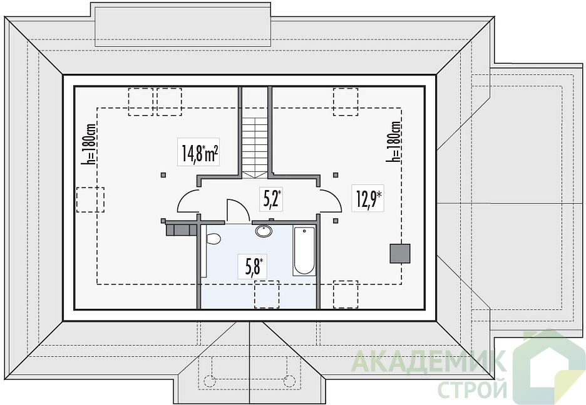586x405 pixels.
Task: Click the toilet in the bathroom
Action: click(x=213, y=238)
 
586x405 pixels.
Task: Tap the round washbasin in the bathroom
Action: click(x=264, y=231)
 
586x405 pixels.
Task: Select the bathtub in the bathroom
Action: click(x=304, y=251)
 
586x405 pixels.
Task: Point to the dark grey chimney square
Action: click(x=400, y=254)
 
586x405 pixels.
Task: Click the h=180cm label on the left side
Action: click(x=91, y=144)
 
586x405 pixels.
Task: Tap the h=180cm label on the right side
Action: click(x=394, y=141)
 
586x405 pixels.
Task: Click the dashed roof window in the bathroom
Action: click(x=267, y=294)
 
